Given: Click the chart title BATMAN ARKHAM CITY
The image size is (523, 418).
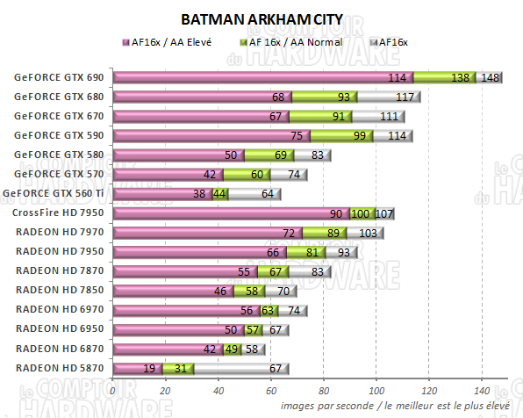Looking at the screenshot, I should coord(261,18).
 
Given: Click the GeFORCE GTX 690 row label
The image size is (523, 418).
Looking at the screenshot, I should coord(58,77).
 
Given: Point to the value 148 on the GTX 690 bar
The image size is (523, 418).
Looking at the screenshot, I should coord(491,78).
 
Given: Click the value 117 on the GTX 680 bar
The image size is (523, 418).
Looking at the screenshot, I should coord(405,97).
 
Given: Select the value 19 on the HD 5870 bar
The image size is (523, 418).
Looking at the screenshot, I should coord(149,368).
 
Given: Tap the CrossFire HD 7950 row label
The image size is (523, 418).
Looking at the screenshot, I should coord(58,213).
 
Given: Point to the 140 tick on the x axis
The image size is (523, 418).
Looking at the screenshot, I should coord(482,390).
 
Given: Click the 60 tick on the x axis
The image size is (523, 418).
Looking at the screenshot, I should coord(271,390).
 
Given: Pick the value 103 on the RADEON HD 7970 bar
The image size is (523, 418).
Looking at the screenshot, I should coord(368,233).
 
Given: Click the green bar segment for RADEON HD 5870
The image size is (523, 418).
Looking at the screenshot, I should coord(179,368).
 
